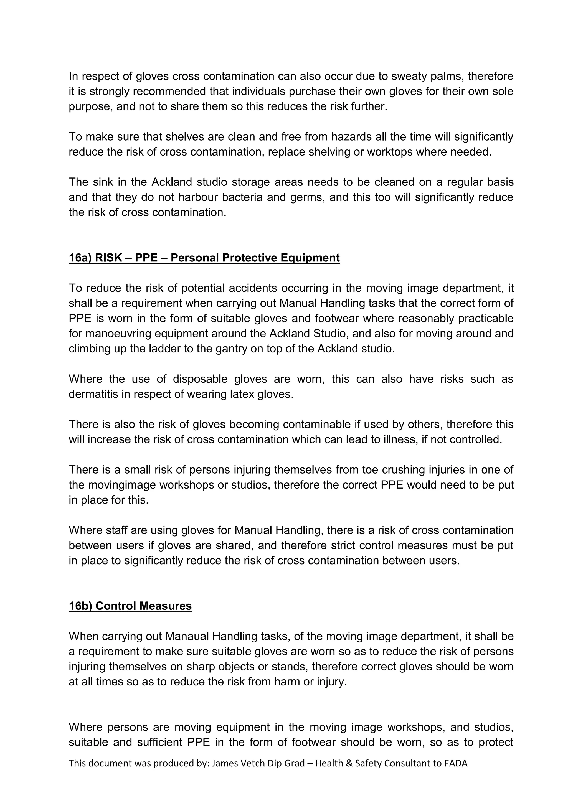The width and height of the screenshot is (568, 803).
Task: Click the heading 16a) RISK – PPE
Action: (204, 258)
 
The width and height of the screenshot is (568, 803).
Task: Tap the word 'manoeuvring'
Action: (118, 333)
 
